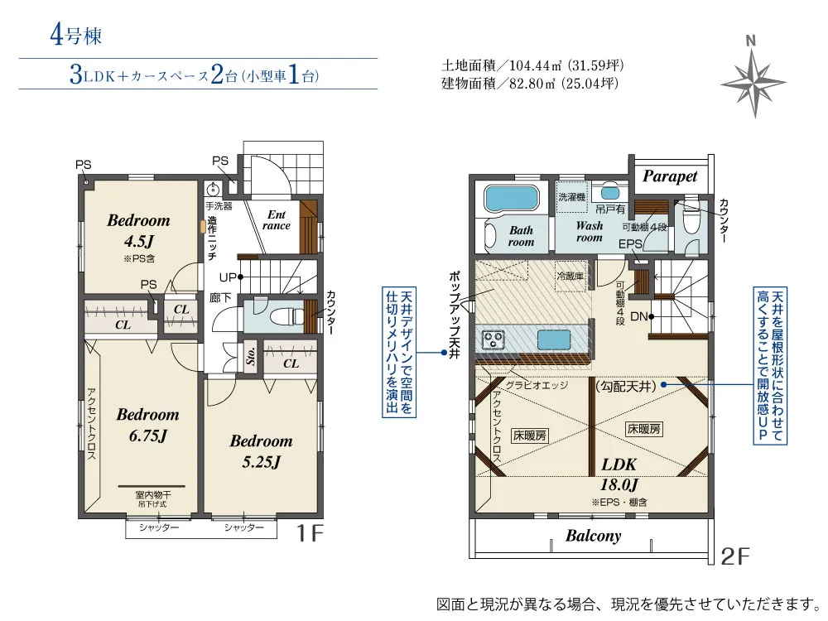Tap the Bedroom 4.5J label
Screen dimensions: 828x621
click(x=139, y=230)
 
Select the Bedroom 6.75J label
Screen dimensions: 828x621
click(x=148, y=425)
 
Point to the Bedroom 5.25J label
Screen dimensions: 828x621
click(x=262, y=451)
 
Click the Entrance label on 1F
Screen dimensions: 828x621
click(x=277, y=220)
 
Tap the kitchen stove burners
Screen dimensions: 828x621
click(x=493, y=339)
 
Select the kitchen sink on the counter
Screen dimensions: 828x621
click(x=554, y=339)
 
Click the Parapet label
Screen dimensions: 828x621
click(x=670, y=176)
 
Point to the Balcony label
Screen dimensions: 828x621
click(x=593, y=536)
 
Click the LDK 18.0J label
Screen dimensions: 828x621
click(x=619, y=474)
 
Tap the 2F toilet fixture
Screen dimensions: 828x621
click(x=691, y=219)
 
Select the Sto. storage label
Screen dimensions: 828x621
click(x=251, y=356)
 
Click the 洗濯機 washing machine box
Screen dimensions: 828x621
click(x=572, y=197)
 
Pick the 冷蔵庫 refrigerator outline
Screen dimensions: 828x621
click(x=570, y=277)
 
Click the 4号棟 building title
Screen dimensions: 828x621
click(x=76, y=35)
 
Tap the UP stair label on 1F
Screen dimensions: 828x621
click(x=229, y=277)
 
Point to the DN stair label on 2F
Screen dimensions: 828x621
click(x=639, y=316)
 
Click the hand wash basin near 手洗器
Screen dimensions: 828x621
click(x=213, y=190)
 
